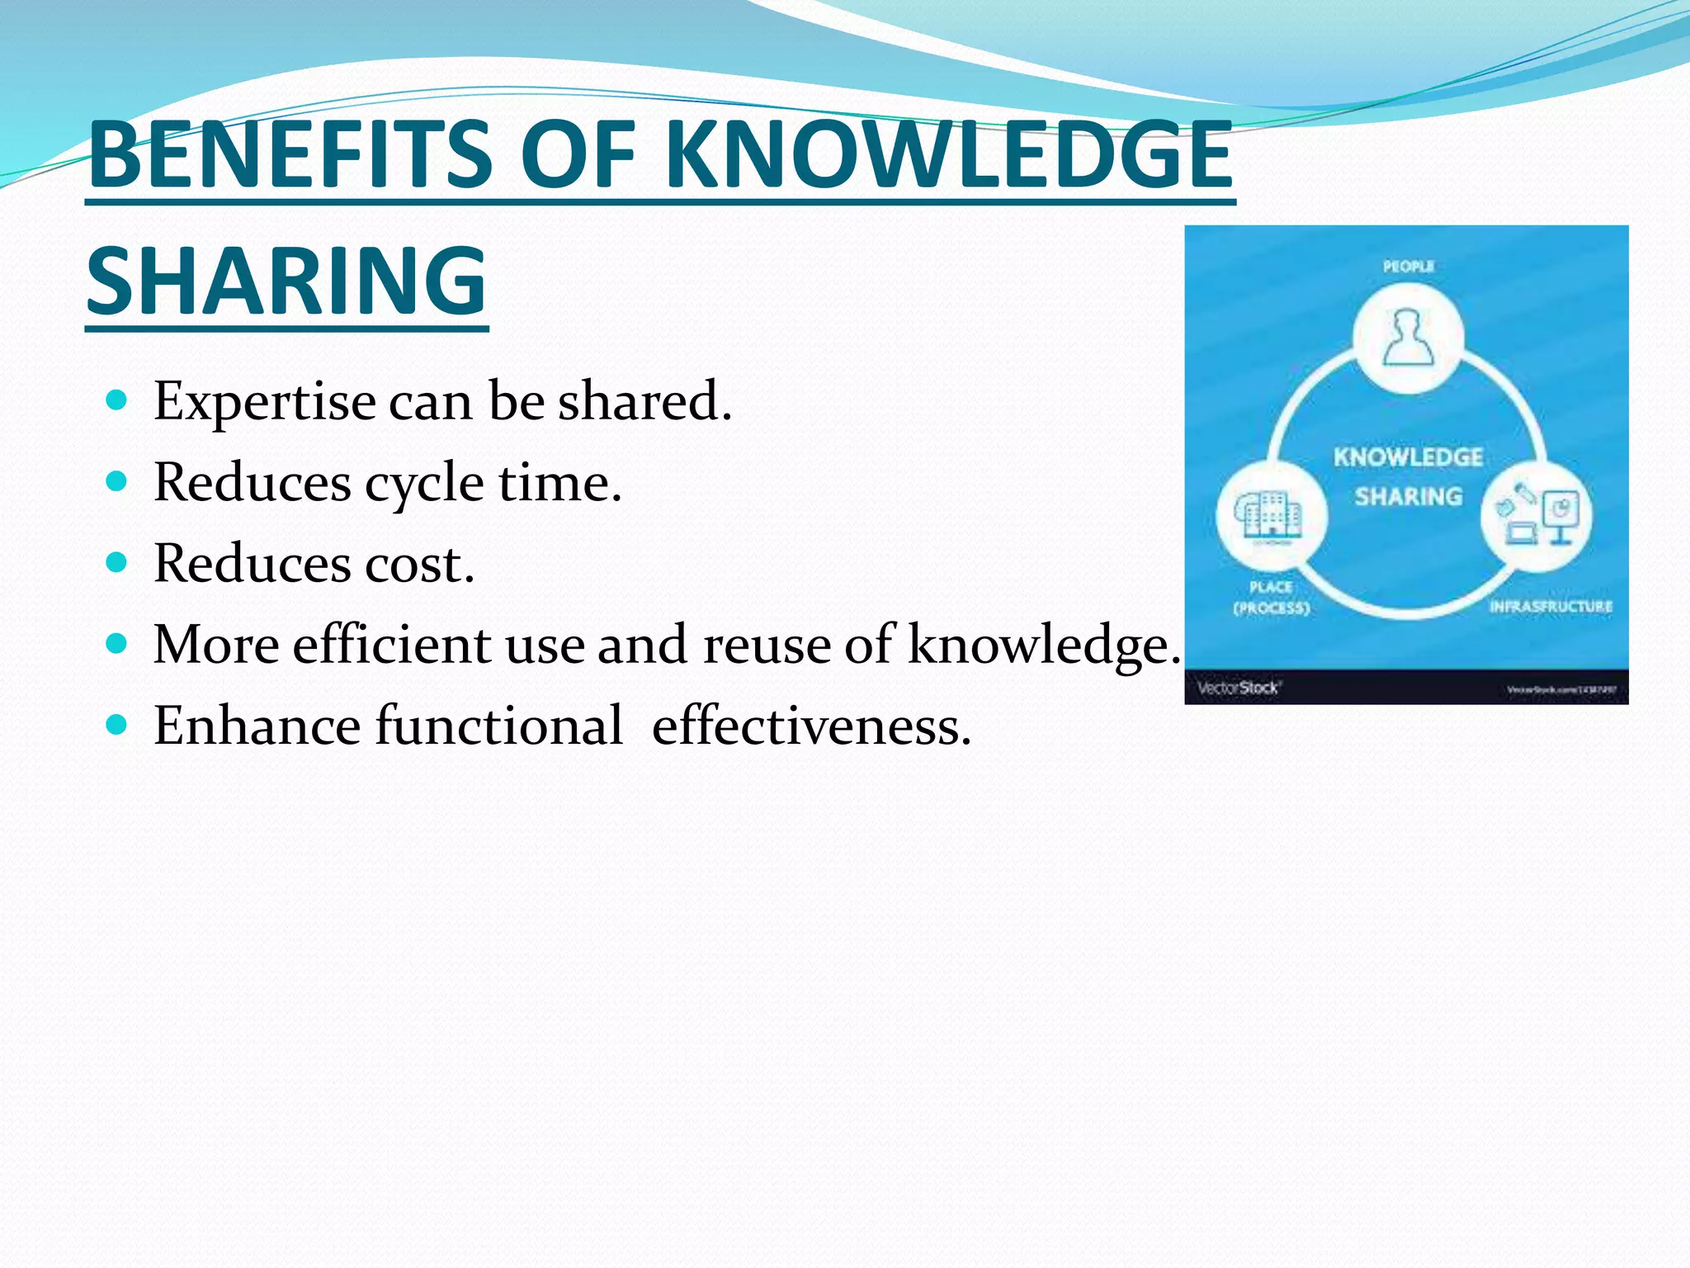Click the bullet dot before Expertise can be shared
click(117, 401)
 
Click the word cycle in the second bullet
click(424, 484)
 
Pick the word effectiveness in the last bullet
click(811, 726)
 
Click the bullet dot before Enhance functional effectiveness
click(117, 726)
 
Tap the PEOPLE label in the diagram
click(1408, 267)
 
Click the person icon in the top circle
click(1408, 338)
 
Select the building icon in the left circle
click(1269, 517)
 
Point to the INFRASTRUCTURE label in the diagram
click(1550, 607)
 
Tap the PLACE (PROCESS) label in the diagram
click(1271, 598)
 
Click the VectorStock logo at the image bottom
click(1237, 688)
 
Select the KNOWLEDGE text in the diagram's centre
click(1408, 457)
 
